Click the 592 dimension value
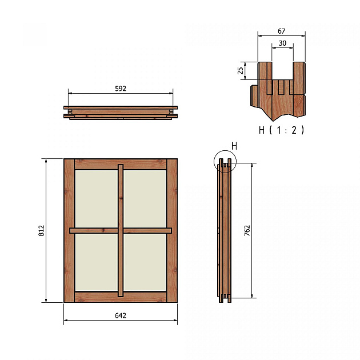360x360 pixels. (120, 89)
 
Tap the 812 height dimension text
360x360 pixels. (42, 230)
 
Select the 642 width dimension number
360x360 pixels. (120, 315)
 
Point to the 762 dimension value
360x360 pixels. (247, 230)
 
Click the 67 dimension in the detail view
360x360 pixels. (281, 31)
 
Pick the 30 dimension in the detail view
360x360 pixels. (282, 44)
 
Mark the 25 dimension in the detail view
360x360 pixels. (241, 71)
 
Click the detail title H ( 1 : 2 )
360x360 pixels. (281, 130)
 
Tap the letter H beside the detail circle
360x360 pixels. (234, 146)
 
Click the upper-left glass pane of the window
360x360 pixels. (96, 198)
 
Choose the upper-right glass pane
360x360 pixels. (145, 198)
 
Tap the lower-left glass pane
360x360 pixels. (96, 262)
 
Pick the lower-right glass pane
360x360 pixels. (145, 262)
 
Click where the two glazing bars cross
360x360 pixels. (121, 231)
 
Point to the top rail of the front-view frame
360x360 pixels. (121, 164)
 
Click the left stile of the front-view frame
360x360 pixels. (69, 230)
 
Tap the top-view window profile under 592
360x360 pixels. (121, 112)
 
